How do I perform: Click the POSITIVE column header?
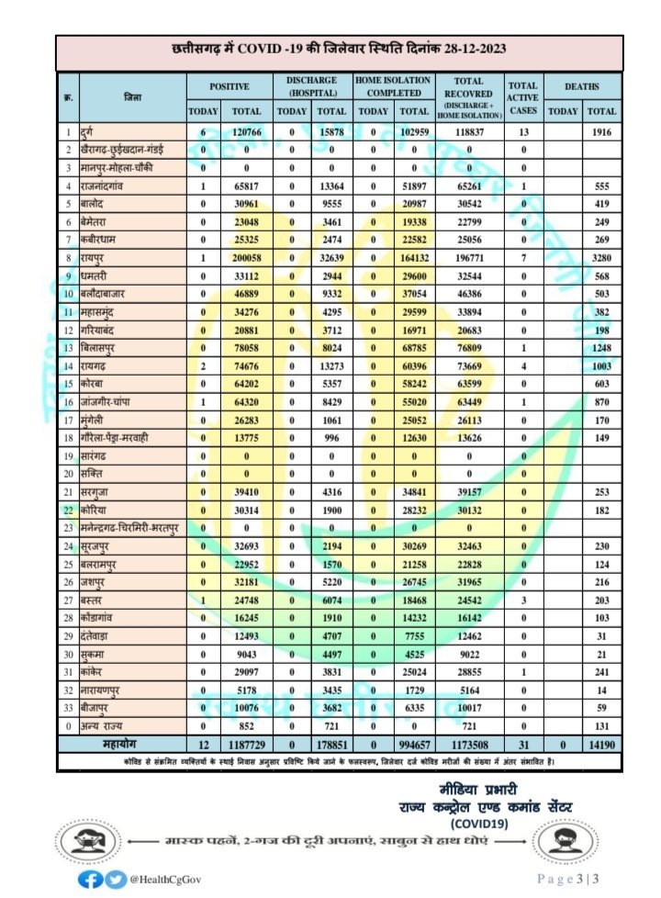[x=230, y=86]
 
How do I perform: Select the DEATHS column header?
[x=582, y=86]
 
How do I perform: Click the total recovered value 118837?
[x=468, y=133]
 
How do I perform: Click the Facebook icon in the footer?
[x=90, y=879]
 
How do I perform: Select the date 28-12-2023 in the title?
[x=465, y=48]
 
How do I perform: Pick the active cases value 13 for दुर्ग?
[x=522, y=133]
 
